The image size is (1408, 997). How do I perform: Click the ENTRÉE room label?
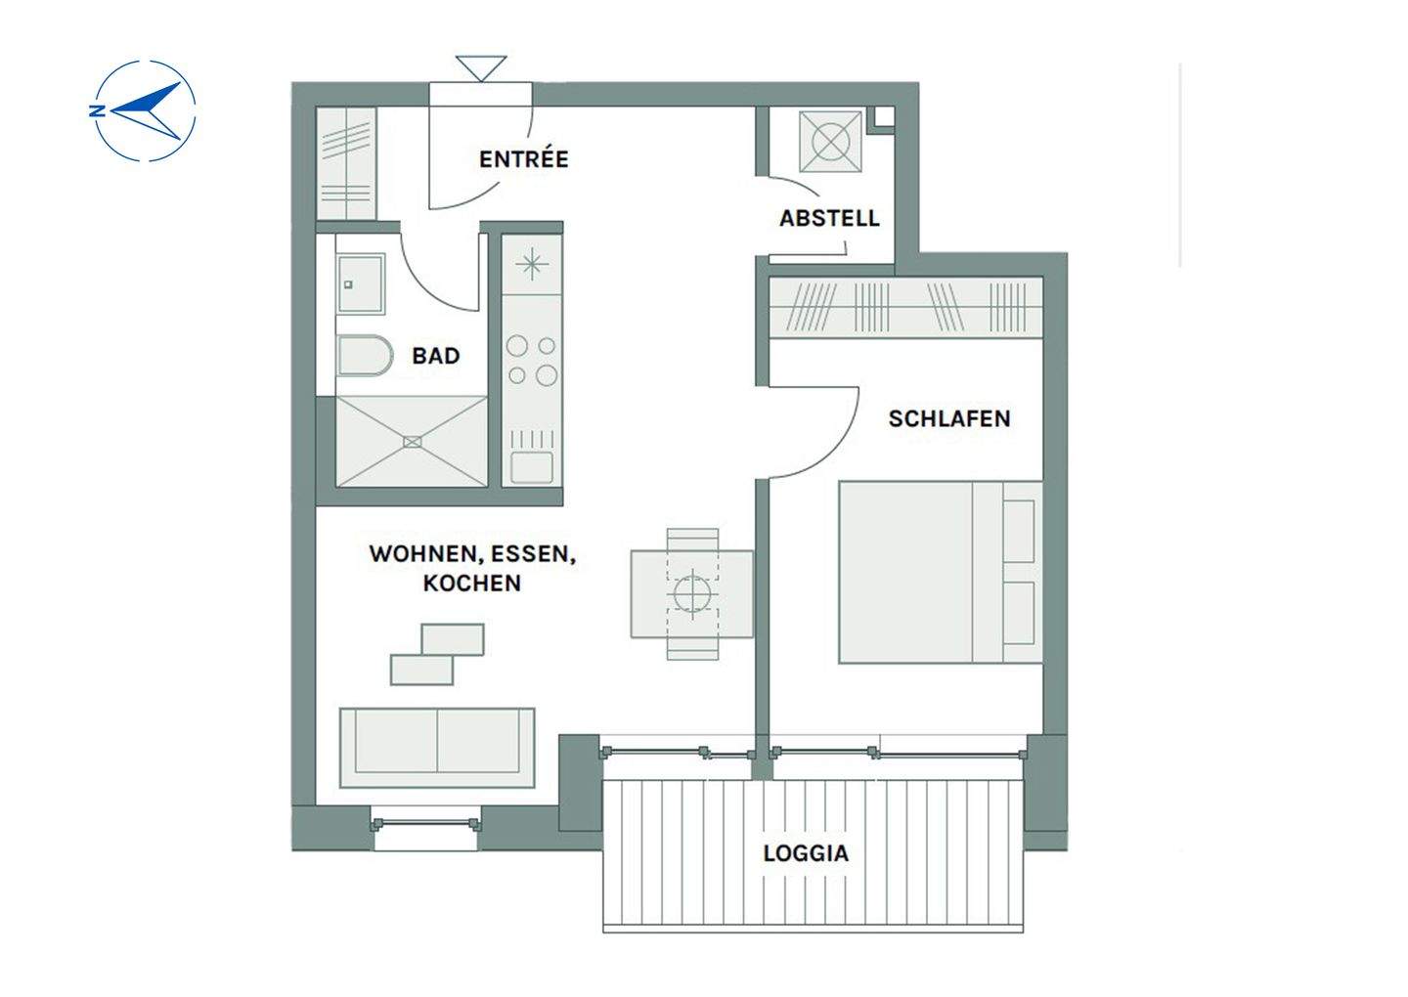pyautogui.click(x=524, y=159)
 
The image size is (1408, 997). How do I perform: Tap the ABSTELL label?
pyautogui.click(x=829, y=218)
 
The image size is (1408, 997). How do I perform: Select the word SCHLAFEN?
pyautogui.click(x=949, y=418)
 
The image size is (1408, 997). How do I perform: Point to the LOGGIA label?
pyautogui.click(x=806, y=852)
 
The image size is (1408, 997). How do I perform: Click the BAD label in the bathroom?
pyautogui.click(x=436, y=356)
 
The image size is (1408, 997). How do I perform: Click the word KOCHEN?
pyautogui.click(x=472, y=583)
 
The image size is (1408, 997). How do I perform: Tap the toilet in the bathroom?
pyautogui.click(x=365, y=356)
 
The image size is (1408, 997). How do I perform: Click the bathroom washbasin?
pyautogui.click(x=360, y=283)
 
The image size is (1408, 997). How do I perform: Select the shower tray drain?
pyautogui.click(x=412, y=442)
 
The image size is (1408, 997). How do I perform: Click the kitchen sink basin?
pyautogui.click(x=532, y=467)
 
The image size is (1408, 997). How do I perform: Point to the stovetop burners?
pyautogui.click(x=532, y=361)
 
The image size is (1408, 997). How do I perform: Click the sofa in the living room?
pyautogui.click(x=437, y=748)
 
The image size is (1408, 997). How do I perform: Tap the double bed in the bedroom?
pyautogui.click(x=941, y=573)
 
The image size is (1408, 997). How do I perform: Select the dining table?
pyautogui.click(x=692, y=594)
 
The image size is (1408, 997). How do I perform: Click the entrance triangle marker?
pyautogui.click(x=481, y=67)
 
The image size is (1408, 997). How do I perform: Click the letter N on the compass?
pyautogui.click(x=97, y=111)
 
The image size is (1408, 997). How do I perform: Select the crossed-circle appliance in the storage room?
pyautogui.click(x=830, y=142)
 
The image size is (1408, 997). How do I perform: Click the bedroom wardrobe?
pyautogui.click(x=905, y=307)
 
